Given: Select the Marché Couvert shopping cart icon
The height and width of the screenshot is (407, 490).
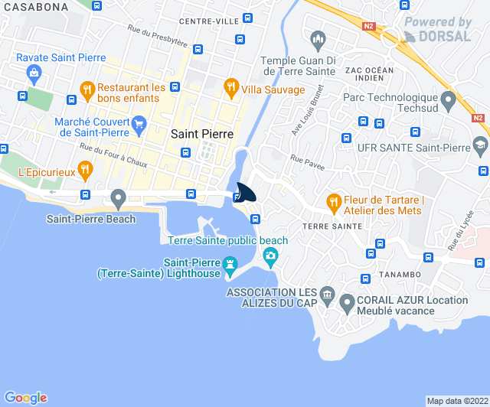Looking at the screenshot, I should [x=139, y=122].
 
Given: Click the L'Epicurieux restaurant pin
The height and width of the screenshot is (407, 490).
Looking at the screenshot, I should [x=85, y=168].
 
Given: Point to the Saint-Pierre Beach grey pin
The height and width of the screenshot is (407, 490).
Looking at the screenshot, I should [x=117, y=199].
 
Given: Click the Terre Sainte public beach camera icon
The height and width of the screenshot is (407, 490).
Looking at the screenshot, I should [x=269, y=255].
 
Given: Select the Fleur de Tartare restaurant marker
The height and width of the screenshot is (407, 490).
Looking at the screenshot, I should [x=333, y=202].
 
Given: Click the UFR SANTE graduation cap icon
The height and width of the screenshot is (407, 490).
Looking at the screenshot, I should [x=479, y=145].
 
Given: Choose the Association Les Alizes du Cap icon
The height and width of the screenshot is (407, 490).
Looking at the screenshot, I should [x=326, y=294].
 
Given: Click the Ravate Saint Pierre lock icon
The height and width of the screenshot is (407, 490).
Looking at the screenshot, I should [x=32, y=73].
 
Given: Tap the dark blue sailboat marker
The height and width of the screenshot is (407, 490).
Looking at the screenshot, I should [x=247, y=192].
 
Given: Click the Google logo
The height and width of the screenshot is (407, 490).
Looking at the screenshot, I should [x=26, y=397].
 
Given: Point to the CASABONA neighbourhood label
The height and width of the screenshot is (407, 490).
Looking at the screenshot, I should [x=34, y=6].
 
